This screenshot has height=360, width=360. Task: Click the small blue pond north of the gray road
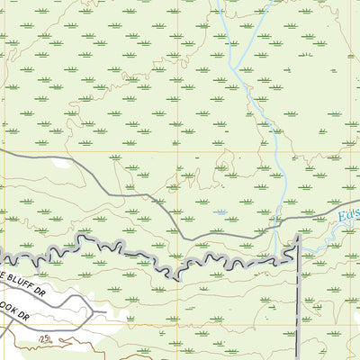click(x=220, y=212)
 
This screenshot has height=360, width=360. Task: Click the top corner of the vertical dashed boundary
click(x=297, y=238)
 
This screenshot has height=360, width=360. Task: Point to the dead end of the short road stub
click(x=106, y=312)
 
